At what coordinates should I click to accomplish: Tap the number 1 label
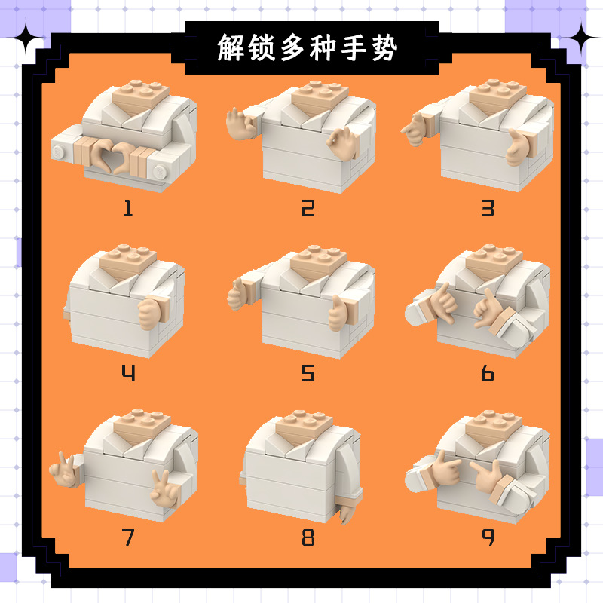(x=128, y=208)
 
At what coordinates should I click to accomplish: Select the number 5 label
(x=308, y=373)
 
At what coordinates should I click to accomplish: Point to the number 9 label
(x=488, y=537)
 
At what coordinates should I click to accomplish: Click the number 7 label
(x=128, y=537)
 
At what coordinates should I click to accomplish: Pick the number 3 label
(x=488, y=208)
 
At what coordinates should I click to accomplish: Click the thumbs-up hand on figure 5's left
(x=237, y=295)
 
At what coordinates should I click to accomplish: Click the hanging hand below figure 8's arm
(x=347, y=513)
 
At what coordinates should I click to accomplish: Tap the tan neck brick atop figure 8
(x=305, y=427)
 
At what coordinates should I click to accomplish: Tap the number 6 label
(x=488, y=373)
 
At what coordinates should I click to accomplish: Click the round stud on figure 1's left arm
(x=57, y=152)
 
